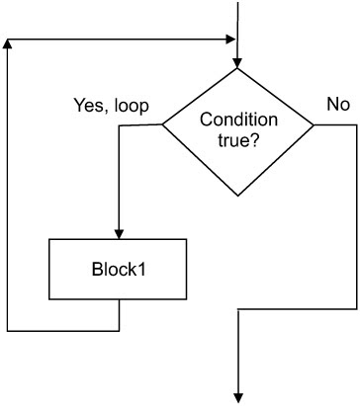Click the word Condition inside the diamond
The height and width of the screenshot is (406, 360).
(237, 119)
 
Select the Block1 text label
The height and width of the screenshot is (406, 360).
(119, 269)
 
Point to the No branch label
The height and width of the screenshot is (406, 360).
(337, 104)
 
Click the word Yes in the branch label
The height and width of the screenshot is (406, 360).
(91, 104)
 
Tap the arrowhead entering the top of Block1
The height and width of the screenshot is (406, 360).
(119, 233)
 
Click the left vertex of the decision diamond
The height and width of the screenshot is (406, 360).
(162, 125)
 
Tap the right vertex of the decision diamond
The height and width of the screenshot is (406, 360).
(315, 125)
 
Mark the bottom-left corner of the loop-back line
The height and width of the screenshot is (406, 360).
(8, 330)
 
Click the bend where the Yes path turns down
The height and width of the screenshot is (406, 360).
(119, 125)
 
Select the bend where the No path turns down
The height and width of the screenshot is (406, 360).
(357, 125)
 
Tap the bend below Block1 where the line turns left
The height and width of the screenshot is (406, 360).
(119, 330)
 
